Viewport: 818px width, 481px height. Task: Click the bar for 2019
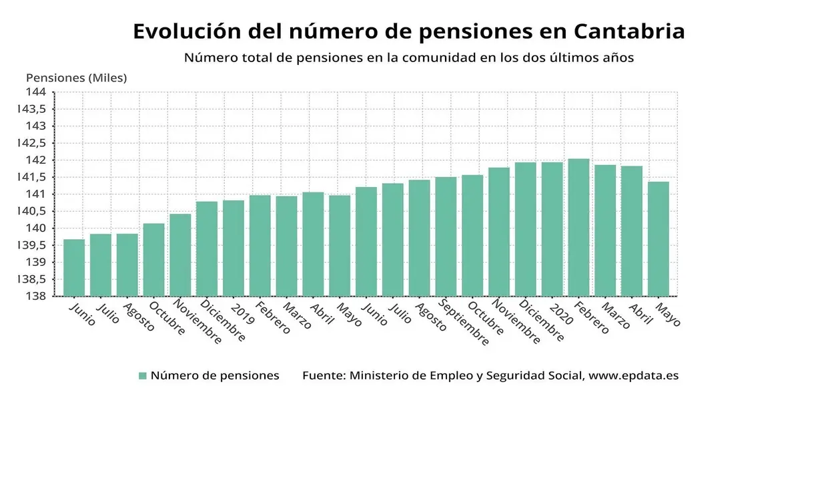[234, 248]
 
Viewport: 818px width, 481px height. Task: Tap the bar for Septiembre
[446, 236]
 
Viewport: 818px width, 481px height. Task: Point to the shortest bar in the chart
[74, 267]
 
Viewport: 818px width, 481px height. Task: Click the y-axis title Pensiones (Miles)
[76, 77]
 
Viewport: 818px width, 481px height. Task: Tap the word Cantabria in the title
[629, 31]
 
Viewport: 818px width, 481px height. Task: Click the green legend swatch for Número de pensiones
[142, 376]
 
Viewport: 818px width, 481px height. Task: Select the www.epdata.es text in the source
[633, 375]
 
